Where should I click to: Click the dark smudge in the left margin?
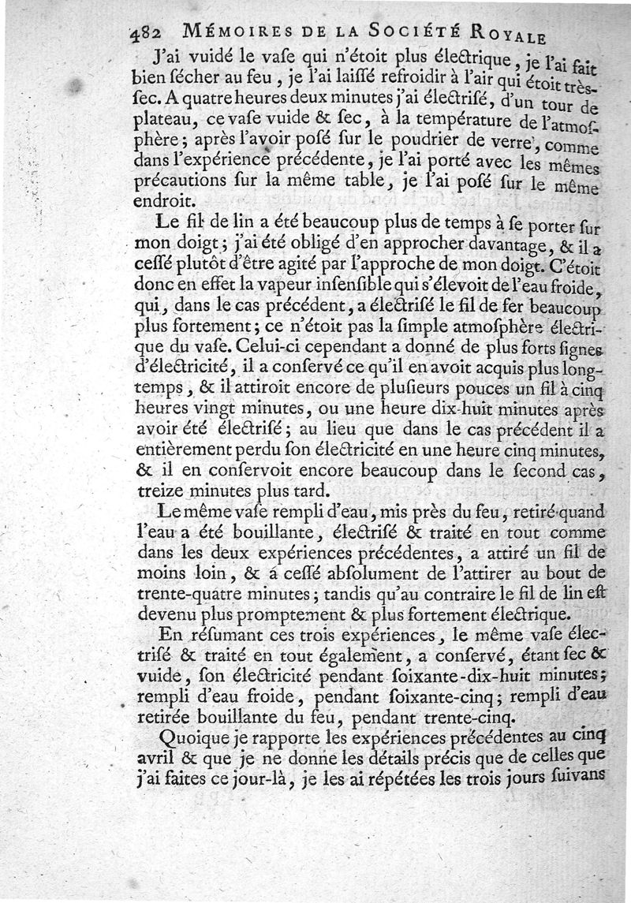click(76, 85)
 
